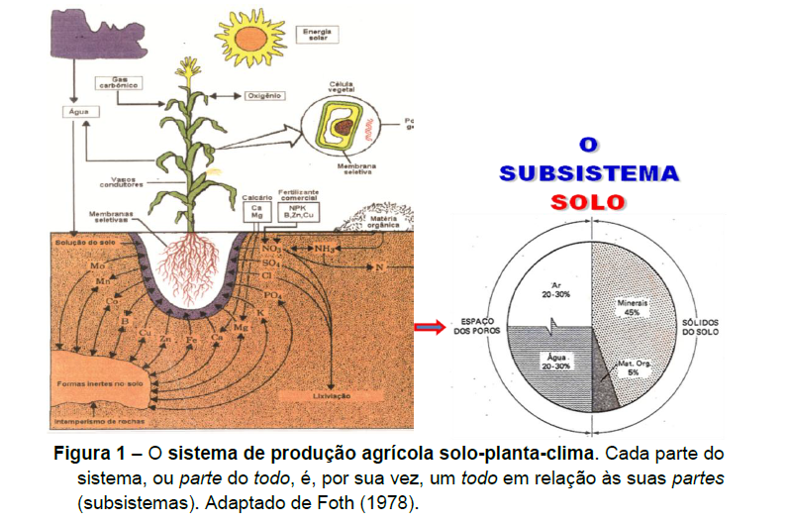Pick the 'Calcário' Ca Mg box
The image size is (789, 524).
(257, 211)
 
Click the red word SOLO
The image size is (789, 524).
(589, 201)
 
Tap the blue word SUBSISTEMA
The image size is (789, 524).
(589, 172)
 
